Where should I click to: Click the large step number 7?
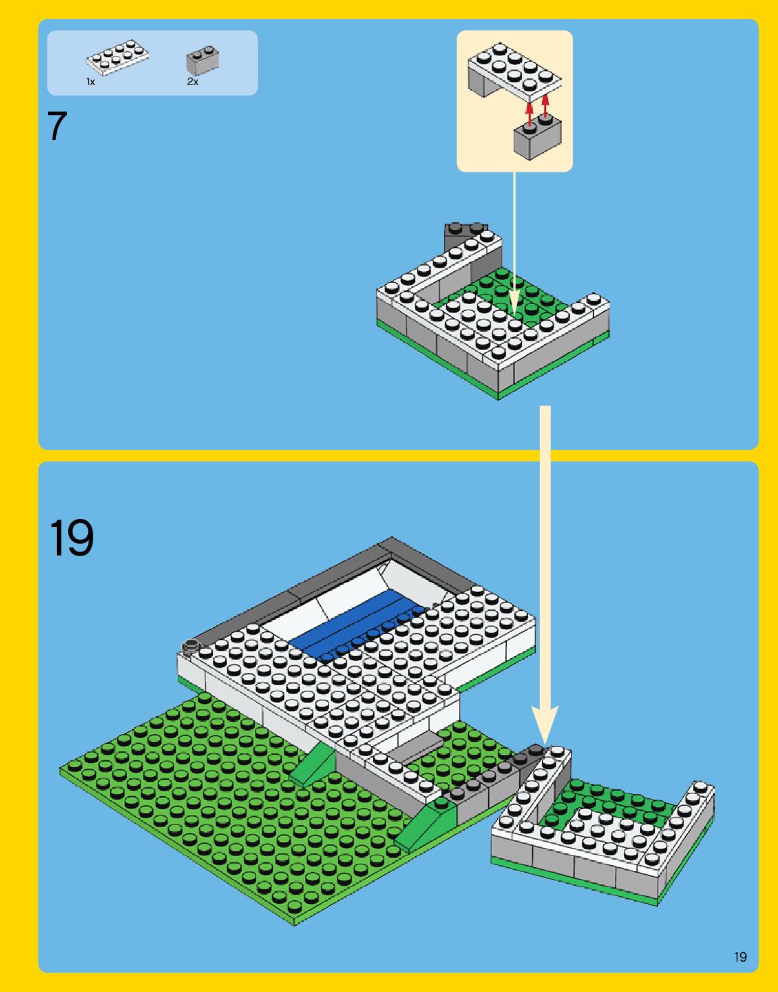click(58, 126)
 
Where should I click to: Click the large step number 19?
click(72, 538)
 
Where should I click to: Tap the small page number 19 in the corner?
click(740, 957)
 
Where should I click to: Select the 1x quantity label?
click(91, 82)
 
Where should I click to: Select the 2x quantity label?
click(193, 82)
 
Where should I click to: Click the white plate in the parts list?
click(118, 58)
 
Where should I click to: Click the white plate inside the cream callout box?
click(514, 68)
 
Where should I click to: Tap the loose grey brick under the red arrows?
click(537, 139)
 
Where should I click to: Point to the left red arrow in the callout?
click(529, 111)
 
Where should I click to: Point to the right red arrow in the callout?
click(545, 107)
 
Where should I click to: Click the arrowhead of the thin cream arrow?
click(514, 304)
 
